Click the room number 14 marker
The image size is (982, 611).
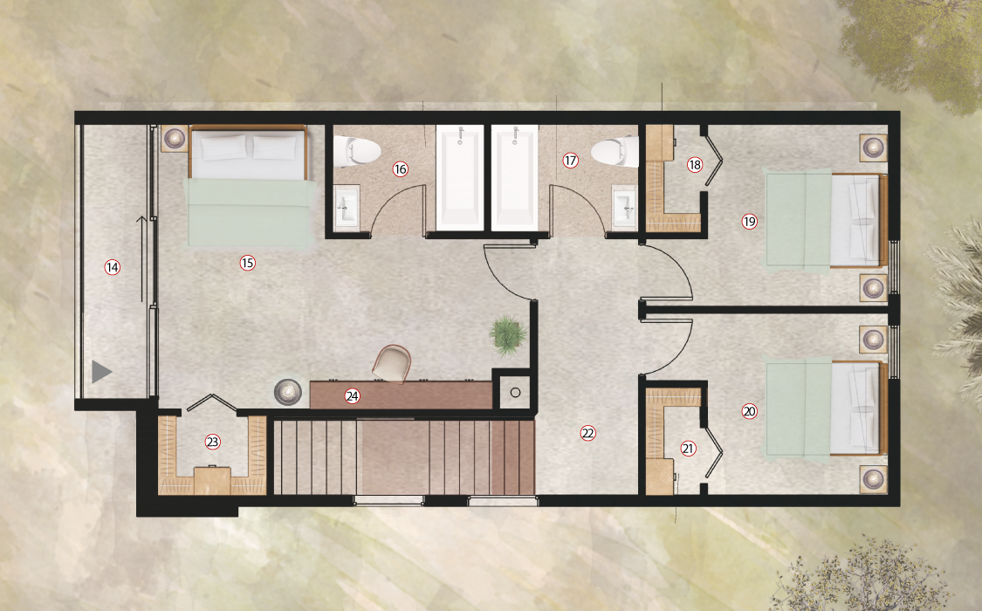(112, 267)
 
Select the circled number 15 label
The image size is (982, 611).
(247, 263)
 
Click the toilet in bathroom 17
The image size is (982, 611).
(615, 152)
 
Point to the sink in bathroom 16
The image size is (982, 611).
(347, 207)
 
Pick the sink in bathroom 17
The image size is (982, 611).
(624, 207)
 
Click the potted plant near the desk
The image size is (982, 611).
(508, 335)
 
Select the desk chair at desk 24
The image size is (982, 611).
(393, 362)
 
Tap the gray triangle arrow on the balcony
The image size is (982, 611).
(101, 372)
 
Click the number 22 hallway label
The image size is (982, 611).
(587, 433)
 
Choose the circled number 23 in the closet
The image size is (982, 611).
(212, 442)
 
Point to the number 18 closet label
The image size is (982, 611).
(695, 165)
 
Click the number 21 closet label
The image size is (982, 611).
(689, 449)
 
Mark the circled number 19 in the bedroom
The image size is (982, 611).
(749, 221)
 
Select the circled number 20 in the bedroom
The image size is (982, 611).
(749, 411)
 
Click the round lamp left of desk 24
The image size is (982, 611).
(287, 391)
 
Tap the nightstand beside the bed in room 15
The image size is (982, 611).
(175, 139)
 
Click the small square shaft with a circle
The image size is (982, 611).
(515, 393)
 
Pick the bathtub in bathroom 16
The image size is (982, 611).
(460, 177)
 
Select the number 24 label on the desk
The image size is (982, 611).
(352, 395)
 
